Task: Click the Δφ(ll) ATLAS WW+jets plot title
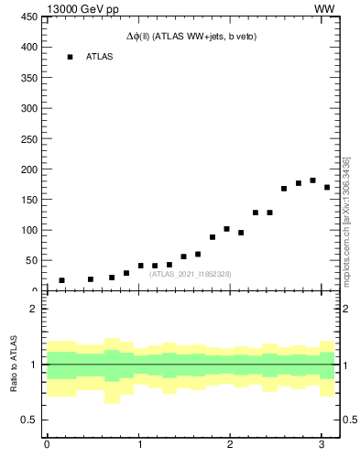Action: [191, 37]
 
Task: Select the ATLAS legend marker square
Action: [70, 57]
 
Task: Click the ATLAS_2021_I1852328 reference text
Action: [191, 274]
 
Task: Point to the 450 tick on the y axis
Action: [27, 16]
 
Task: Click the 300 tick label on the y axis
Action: [27, 108]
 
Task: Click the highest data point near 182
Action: [312, 180]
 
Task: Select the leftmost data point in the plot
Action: [61, 280]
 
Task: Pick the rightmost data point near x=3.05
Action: [327, 188]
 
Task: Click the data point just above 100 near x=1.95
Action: [226, 229]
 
